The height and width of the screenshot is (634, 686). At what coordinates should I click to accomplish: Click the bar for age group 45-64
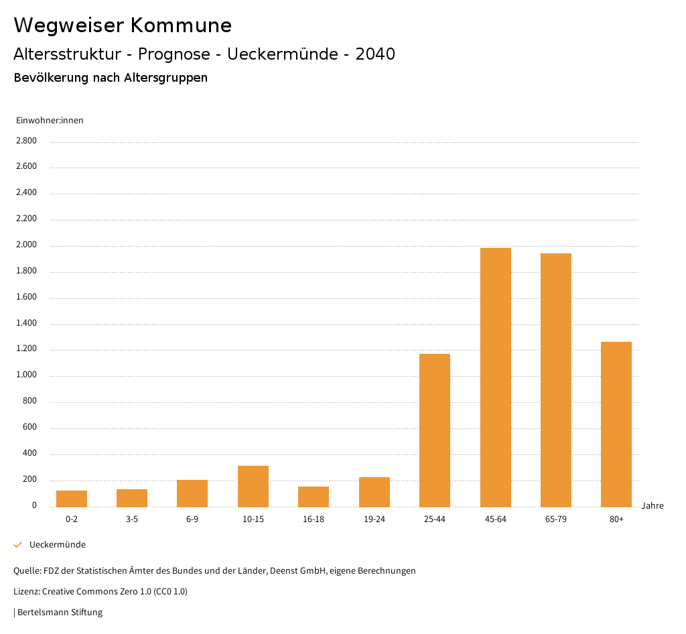tap(496, 377)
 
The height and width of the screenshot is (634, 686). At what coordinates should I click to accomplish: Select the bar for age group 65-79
tap(556, 380)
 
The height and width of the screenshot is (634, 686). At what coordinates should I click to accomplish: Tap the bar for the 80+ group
tap(616, 424)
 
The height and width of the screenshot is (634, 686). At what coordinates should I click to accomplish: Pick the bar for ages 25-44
tap(435, 430)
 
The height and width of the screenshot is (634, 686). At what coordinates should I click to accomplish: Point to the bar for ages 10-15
tap(253, 486)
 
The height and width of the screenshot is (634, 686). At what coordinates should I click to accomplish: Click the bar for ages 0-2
tap(72, 499)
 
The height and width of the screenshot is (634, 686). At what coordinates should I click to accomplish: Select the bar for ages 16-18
tap(314, 497)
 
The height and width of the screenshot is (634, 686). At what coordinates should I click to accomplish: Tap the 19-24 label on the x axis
tap(374, 519)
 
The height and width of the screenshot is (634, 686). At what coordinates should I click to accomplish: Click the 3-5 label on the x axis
tap(132, 519)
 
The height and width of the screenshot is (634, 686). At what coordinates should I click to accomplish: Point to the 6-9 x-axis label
tap(192, 519)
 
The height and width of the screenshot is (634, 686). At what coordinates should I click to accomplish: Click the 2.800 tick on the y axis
tap(27, 141)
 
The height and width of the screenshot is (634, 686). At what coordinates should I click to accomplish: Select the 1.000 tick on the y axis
tap(27, 375)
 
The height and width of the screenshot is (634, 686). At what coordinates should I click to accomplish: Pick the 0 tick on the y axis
tap(34, 505)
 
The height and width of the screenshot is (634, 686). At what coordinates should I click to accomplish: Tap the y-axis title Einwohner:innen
tap(50, 121)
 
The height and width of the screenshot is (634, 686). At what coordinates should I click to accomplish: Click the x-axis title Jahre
tap(653, 506)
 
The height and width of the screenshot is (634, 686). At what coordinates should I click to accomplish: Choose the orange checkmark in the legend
tap(18, 545)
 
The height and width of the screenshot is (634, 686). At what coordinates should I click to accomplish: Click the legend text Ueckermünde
tap(58, 545)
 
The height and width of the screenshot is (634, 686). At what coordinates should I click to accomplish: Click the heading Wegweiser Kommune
tap(123, 25)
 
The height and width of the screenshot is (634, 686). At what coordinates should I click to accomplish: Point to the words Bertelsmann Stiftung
tap(60, 613)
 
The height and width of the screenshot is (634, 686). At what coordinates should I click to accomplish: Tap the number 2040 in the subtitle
tap(375, 54)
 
